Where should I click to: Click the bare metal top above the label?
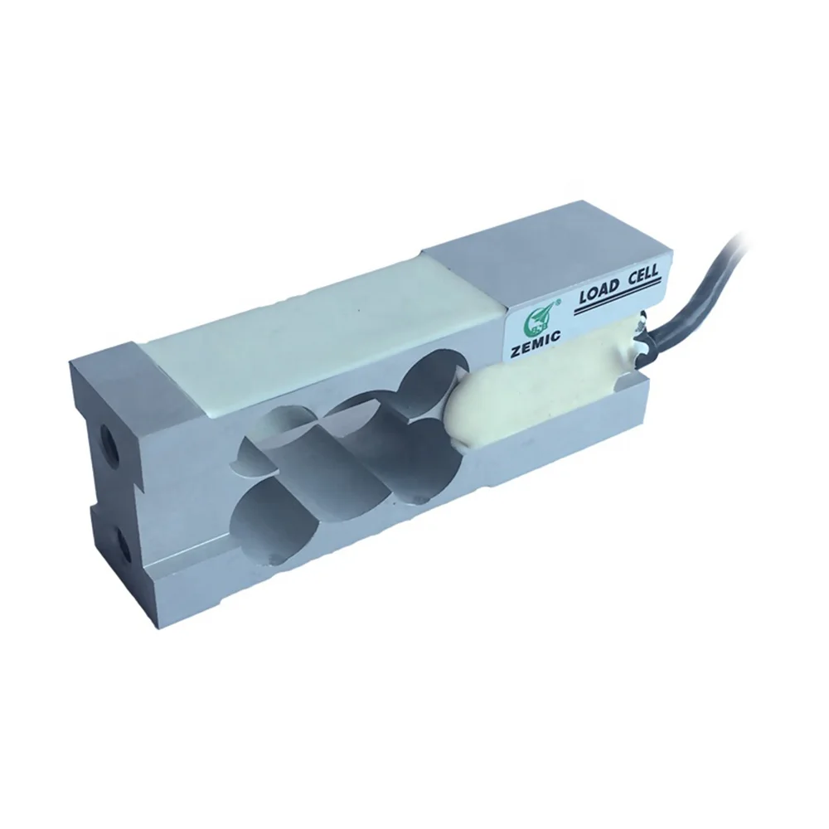pos(531,265)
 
